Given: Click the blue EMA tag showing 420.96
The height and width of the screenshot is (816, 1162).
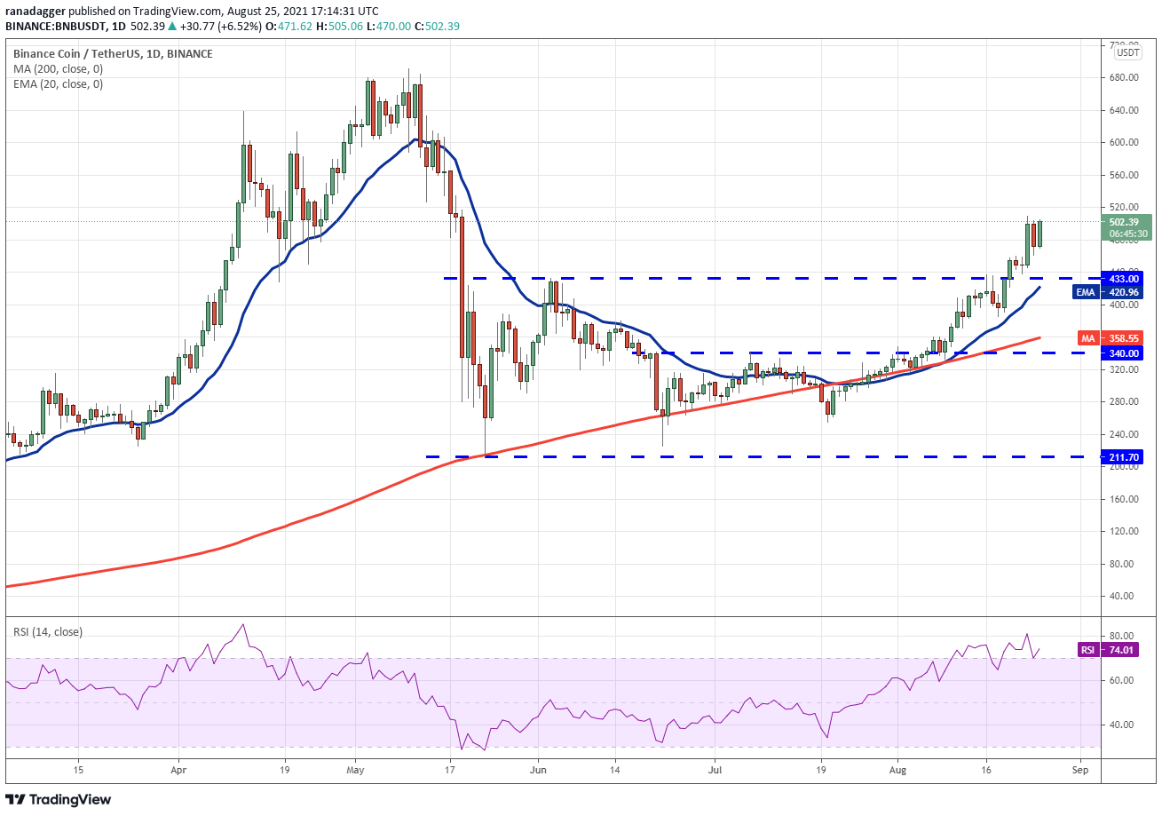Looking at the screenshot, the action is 1107,292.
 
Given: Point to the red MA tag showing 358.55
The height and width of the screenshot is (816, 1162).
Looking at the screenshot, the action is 1111,338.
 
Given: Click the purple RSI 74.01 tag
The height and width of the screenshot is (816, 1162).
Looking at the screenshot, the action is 1108,650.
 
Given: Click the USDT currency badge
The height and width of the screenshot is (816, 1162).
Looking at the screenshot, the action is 1128,52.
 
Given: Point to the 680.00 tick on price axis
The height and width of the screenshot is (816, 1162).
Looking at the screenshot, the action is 1124,77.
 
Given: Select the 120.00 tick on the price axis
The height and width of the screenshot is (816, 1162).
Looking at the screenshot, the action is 1124,531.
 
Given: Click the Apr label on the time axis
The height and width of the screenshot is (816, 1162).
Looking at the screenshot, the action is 178,770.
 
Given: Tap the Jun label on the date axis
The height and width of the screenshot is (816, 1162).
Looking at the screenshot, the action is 538,770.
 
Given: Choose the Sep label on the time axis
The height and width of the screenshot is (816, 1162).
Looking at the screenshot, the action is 1080,770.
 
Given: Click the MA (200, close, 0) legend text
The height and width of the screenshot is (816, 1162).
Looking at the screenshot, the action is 58,69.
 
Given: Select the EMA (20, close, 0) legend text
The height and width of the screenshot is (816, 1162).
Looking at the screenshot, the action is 58,84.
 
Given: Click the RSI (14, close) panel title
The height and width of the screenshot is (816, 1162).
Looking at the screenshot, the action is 48,632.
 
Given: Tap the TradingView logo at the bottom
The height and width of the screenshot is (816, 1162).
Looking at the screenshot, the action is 58,799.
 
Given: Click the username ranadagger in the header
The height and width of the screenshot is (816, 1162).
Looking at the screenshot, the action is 36,12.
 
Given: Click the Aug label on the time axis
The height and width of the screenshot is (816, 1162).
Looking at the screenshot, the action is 897,770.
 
